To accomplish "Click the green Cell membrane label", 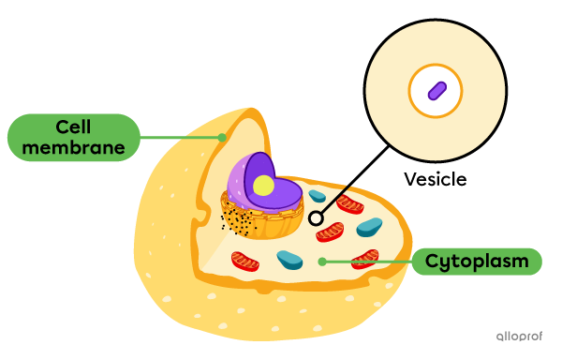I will point(73,137).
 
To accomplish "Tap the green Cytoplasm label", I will point(476,262).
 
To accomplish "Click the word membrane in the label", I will point(73,147).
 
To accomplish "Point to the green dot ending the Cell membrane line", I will point(222,137).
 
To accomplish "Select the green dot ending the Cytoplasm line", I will point(322,262).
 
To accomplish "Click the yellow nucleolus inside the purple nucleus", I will point(264,186).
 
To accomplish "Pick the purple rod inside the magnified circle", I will point(436,91).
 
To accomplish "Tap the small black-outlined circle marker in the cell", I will point(316,217).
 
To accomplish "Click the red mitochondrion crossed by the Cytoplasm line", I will point(364,259).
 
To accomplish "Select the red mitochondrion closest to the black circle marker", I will point(330,232).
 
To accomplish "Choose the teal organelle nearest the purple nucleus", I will point(318,197).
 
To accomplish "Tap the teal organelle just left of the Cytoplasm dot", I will point(289,259).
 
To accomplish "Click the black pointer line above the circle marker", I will point(333,198).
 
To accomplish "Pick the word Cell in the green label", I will point(73,127).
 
